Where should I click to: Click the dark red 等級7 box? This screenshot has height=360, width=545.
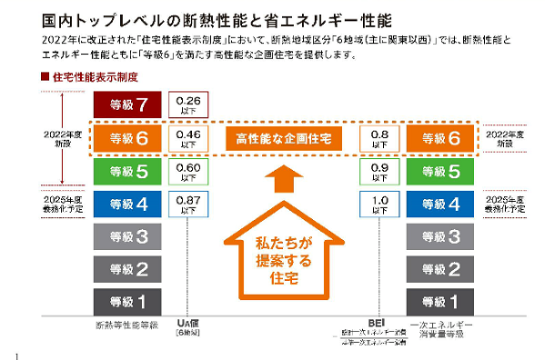coord(128,105)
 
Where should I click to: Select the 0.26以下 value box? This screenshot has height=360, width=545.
coord(189,105)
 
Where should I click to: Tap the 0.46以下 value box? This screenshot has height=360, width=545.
coord(189,138)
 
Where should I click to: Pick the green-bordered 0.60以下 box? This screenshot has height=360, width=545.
coord(189,171)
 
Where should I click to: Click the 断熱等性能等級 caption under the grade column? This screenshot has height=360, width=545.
coord(127,324)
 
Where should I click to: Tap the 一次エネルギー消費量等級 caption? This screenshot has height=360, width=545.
coord(439,328)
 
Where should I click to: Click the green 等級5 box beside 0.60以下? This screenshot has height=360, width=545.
coord(128,171)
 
